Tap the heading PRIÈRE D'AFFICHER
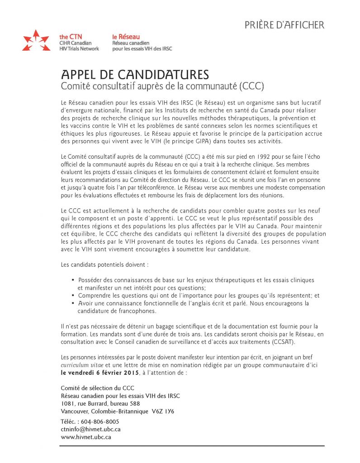[284, 25]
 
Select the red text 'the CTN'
[70, 37]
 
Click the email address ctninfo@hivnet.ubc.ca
[90, 429]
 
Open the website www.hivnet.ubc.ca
[86, 437]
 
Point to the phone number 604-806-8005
[100, 421]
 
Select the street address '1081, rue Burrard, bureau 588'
[100, 403]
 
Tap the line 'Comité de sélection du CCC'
[97, 387]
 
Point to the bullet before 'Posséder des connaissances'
[73, 280]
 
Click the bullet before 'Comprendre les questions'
[73, 296]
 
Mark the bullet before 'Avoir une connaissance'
[73, 303]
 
